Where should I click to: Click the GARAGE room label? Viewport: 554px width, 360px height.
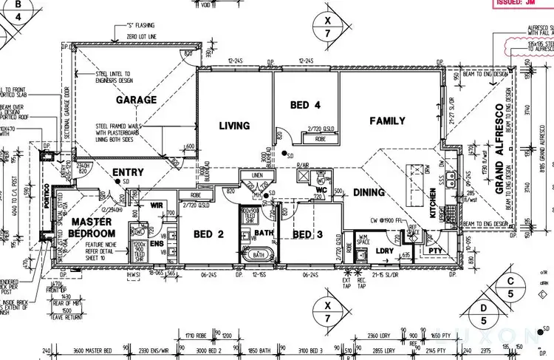click(x=136, y=100)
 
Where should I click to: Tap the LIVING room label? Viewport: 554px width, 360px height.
click(x=234, y=126)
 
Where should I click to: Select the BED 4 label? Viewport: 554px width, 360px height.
click(x=305, y=106)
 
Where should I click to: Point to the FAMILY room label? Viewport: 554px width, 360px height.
click(x=387, y=120)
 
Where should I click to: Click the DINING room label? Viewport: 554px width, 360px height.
click(x=369, y=193)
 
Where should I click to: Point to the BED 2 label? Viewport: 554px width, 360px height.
click(x=208, y=234)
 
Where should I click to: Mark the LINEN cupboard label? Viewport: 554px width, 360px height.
click(x=257, y=176)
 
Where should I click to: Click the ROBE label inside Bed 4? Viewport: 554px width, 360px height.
click(x=320, y=138)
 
